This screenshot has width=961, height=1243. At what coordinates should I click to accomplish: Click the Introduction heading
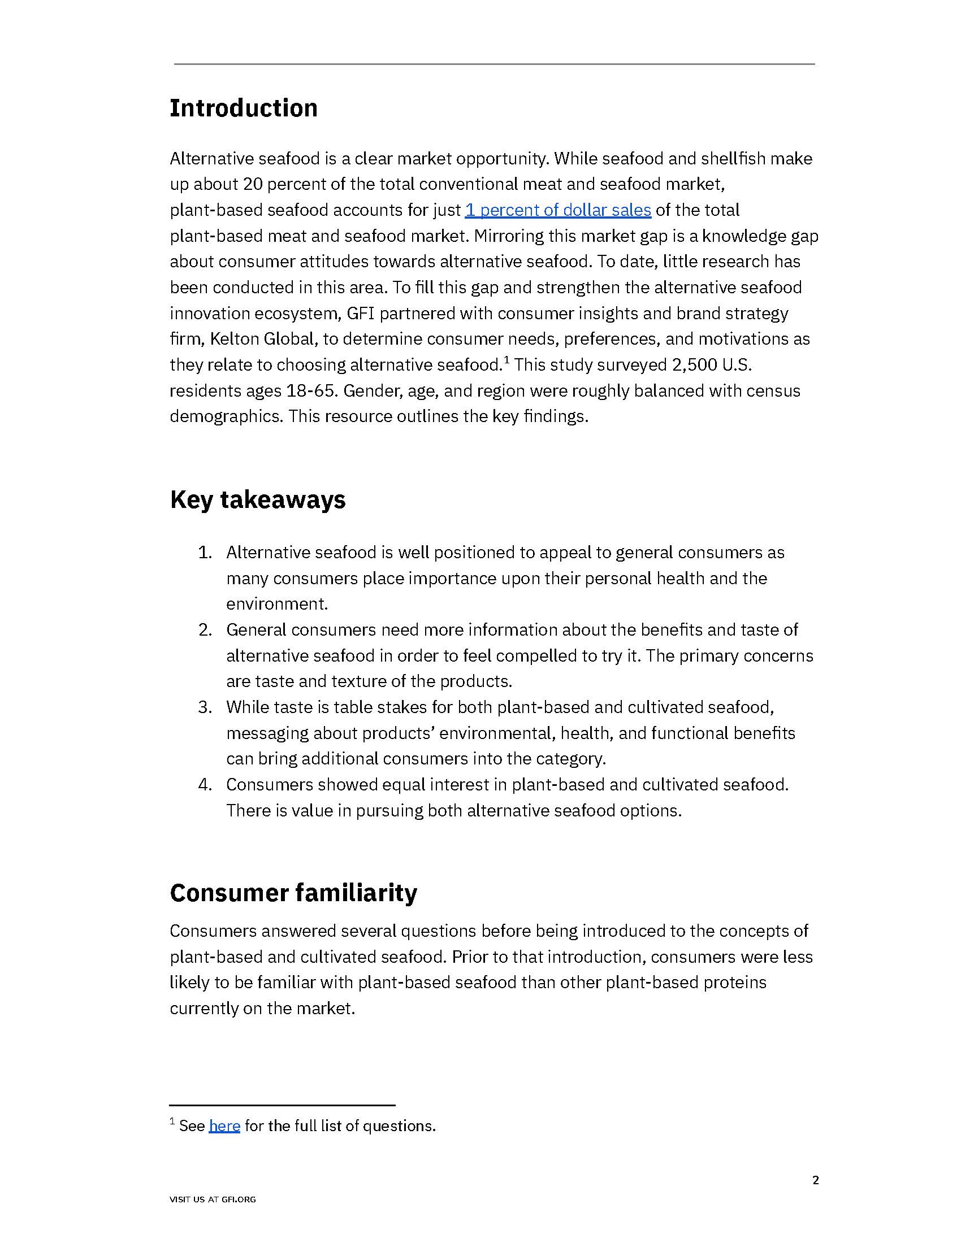pos(244,108)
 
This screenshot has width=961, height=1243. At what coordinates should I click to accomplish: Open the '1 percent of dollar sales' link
pos(557,210)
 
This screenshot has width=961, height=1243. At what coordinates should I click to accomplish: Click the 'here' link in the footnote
pos(224,1125)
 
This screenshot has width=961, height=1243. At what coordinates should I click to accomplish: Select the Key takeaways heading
pos(257,499)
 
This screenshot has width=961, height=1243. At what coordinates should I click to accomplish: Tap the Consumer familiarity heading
pos(293,892)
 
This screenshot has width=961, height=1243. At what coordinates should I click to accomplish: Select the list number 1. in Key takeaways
pos(205,553)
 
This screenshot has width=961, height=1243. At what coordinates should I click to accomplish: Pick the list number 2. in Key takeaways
pos(205,630)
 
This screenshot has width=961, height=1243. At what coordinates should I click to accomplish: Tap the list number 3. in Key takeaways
pos(205,707)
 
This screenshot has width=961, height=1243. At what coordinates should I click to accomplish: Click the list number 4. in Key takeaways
pos(205,785)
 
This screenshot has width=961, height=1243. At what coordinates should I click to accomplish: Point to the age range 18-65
pos(313,391)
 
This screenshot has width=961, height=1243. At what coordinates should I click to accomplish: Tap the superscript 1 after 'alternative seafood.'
pos(506,360)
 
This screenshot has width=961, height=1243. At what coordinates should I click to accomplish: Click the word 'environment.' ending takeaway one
pos(276,604)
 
